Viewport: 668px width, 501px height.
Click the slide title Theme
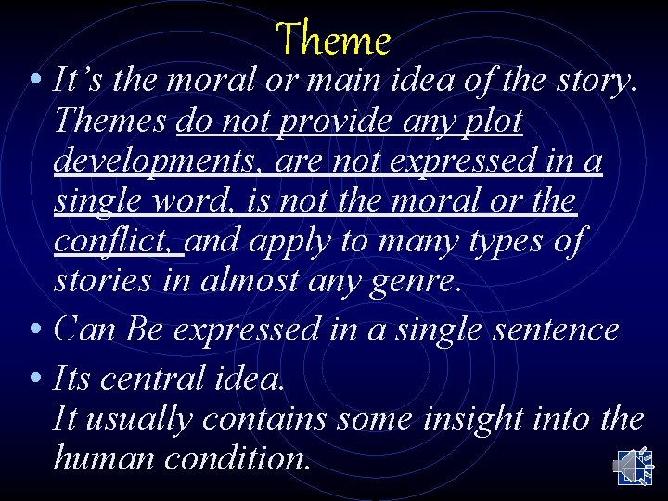pos(333,40)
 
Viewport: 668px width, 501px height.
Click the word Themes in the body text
pos(110,122)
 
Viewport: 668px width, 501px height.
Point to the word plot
pos(493,122)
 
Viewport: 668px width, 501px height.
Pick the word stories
pos(105,280)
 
